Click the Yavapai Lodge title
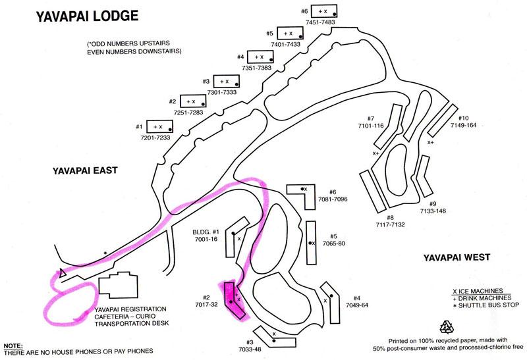(87, 16)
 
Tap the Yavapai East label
(85, 170)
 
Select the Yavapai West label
(457, 257)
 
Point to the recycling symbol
(447, 326)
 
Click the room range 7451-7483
(320, 22)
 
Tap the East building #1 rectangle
(159, 126)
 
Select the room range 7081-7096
(333, 199)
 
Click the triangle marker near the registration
(62, 273)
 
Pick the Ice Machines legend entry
(478, 291)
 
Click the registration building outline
(119, 286)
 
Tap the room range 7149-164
(464, 125)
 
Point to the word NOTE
(13, 346)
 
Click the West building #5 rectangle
(311, 243)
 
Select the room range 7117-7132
(390, 224)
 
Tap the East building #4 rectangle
(260, 57)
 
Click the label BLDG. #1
(206, 232)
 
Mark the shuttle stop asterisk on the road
(105, 253)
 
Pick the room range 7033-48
(250, 349)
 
